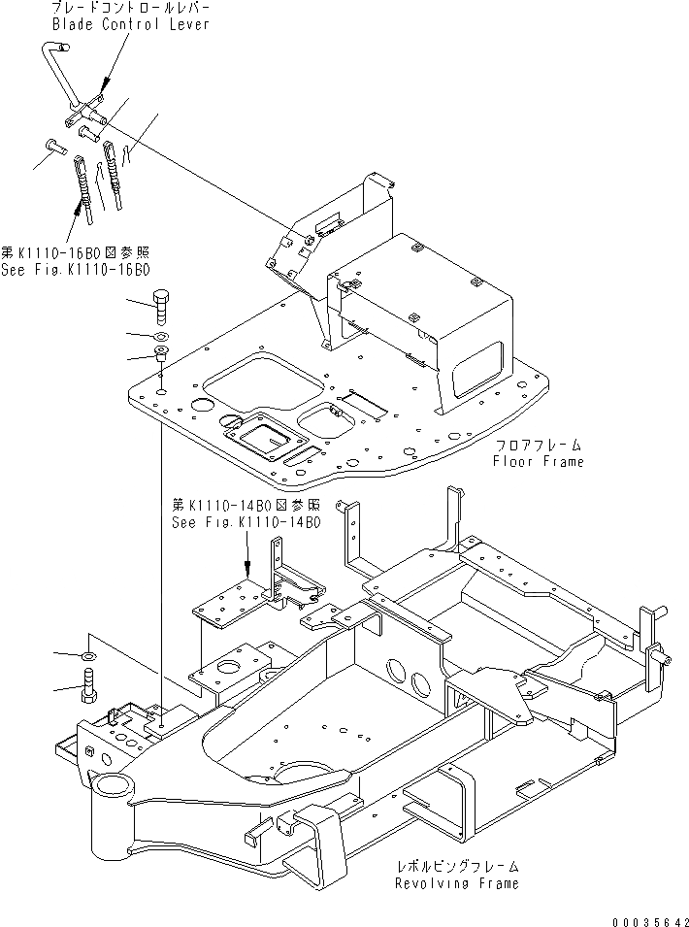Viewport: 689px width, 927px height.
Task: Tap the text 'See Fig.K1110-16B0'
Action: click(82, 269)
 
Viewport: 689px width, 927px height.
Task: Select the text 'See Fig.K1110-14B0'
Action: click(246, 521)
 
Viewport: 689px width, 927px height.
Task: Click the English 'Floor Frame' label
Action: click(538, 462)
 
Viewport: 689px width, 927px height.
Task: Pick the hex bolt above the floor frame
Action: click(162, 303)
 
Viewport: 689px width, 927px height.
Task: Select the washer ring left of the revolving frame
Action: click(89, 657)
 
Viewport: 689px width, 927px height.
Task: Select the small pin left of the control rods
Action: click(54, 148)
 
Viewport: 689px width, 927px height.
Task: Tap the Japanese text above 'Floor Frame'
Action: click(538, 445)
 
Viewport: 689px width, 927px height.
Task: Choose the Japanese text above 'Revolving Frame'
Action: click(456, 866)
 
